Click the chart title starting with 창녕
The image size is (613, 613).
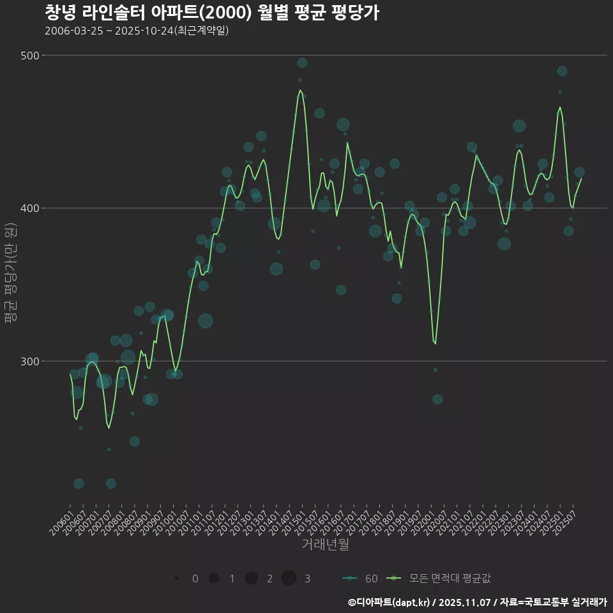[x=212, y=13]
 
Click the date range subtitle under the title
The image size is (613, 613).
[x=137, y=31]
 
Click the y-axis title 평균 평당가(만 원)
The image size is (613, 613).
[x=10, y=275]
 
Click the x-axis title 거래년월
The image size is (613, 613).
[x=325, y=545]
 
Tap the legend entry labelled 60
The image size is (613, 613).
[x=361, y=579]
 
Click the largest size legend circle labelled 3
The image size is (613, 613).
[x=289, y=579]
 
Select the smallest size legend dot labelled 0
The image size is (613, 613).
[x=176, y=579]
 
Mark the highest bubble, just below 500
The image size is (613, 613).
[x=302, y=63]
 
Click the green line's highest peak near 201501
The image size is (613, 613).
[x=300, y=91]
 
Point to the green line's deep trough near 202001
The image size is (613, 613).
[x=435, y=344]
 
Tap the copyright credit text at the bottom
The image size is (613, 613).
[x=477, y=602]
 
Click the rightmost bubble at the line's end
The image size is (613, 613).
[x=579, y=172]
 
